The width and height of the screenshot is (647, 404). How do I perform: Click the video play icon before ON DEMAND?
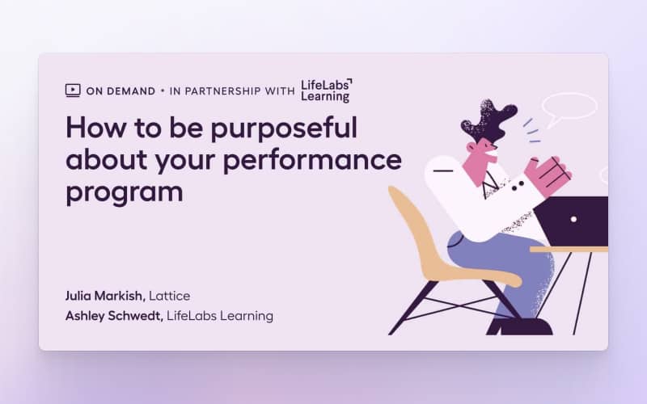73,90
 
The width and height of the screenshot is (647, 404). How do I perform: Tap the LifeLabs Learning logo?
327,90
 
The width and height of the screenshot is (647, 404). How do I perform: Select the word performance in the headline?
312,161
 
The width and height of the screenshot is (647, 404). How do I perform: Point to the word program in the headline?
125,193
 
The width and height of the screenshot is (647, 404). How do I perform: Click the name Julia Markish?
105,296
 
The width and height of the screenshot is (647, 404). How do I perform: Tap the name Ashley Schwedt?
114,316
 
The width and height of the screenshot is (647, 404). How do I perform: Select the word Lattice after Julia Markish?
170,296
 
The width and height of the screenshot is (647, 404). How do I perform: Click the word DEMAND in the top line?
130,91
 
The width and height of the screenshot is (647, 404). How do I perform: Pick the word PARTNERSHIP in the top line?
223,91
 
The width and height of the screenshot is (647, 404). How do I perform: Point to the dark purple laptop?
572,221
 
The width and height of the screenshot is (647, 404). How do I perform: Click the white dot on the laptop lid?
573,219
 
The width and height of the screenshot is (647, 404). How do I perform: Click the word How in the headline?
95,128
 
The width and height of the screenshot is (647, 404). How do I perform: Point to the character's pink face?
480,158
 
